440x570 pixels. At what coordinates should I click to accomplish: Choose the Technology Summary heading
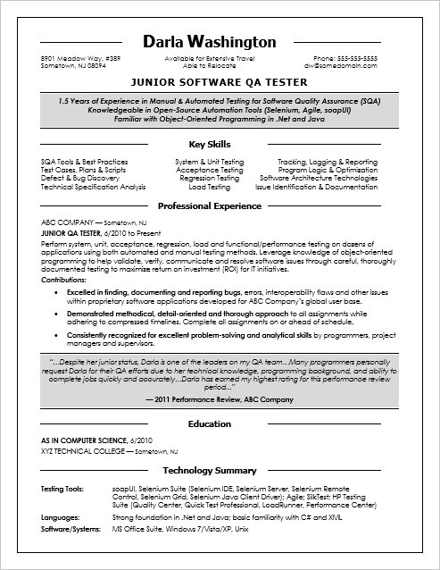tap(220, 470)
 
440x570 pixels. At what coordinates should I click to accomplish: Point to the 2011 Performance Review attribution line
tap(220, 398)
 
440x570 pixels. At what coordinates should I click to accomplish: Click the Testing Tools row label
tap(62, 490)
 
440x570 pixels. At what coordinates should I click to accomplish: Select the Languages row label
tap(59, 517)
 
